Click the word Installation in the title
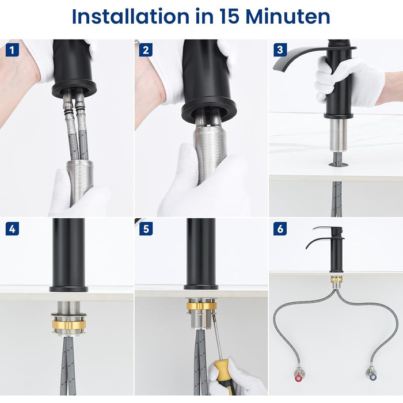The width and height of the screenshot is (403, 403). (131, 17)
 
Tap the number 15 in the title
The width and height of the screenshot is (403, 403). (229, 17)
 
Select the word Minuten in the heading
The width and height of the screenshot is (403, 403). (288, 17)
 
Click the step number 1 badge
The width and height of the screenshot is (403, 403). (12, 50)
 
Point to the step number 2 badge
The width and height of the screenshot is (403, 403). (146, 50)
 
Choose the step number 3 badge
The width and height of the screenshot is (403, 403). (280, 50)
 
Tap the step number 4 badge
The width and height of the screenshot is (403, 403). (12, 229)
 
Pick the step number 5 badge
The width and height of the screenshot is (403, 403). (146, 229)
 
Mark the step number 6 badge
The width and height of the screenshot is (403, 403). (280, 229)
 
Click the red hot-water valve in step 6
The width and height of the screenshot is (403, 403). (298, 378)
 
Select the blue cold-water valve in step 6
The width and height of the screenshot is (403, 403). (372, 377)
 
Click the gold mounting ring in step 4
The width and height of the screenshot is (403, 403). (69, 325)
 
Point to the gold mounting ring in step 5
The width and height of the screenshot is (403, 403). (201, 306)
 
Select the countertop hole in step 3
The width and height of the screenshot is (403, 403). (339, 165)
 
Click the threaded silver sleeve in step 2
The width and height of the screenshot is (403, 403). (210, 151)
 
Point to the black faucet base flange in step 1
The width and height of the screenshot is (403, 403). (74, 89)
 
